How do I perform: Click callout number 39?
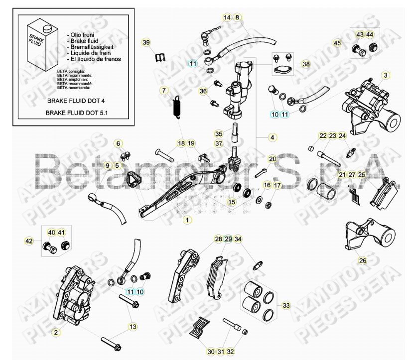pyautogui.click(x=145, y=42)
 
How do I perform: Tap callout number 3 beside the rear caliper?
pyautogui.click(x=385, y=75)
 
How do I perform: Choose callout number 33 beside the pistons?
pyautogui.click(x=285, y=305)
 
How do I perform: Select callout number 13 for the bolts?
pyautogui.click(x=132, y=327)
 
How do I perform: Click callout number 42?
pyautogui.click(x=29, y=241)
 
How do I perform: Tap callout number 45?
pyautogui.click(x=337, y=43)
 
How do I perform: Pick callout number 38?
pyautogui.click(x=306, y=64)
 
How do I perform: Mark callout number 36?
pyautogui.click(x=203, y=91)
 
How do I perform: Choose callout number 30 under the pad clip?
pyautogui.click(x=211, y=352)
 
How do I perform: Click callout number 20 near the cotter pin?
pyautogui.click(x=272, y=159)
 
